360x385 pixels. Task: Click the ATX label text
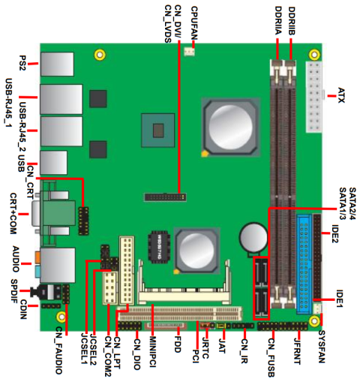(x=341, y=94)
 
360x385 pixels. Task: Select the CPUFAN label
(x=194, y=20)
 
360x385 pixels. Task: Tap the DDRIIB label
(x=292, y=23)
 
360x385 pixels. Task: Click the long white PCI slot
(x=187, y=312)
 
